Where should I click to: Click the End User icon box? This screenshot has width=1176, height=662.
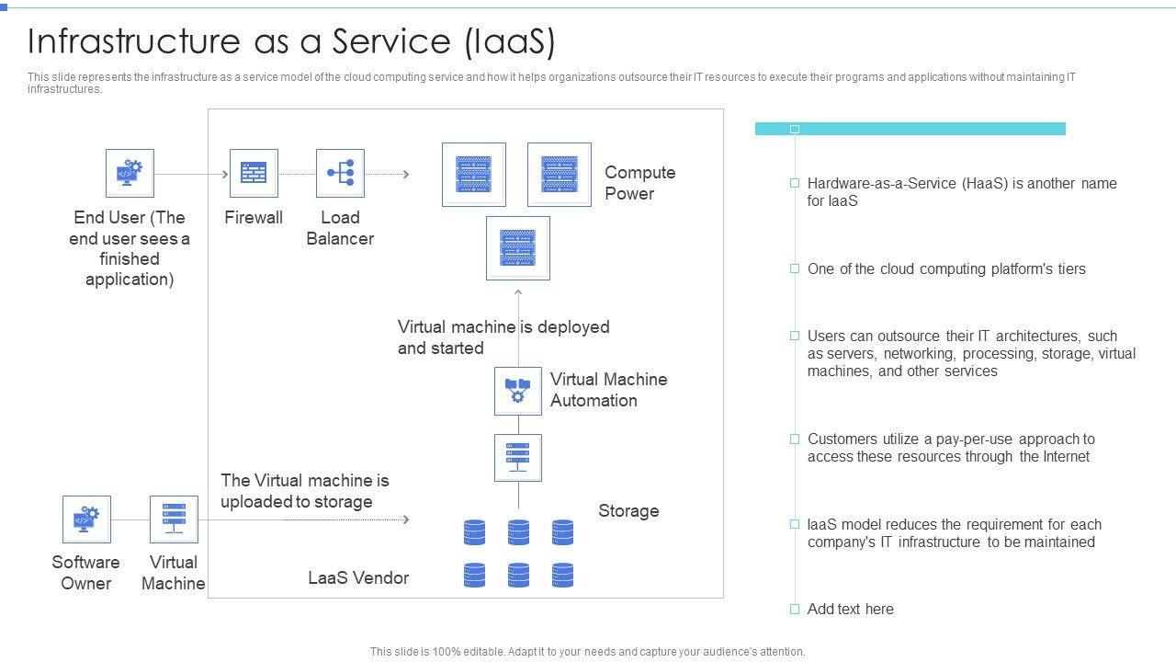[130, 173]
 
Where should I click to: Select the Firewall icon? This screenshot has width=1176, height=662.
[254, 173]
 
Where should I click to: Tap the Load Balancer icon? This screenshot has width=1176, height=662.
[340, 173]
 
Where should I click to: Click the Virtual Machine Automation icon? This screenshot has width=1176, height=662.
[518, 391]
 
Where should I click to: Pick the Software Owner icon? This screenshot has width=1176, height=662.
[86, 519]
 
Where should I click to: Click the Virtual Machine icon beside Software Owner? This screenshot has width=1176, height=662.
[174, 519]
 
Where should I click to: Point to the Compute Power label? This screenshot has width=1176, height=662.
[640, 183]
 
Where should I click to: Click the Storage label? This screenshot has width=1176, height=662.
[628, 510]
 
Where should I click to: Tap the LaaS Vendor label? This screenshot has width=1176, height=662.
[358, 578]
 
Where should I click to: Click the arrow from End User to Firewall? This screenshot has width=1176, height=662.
[191, 174]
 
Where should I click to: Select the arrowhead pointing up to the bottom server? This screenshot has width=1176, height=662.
[518, 292]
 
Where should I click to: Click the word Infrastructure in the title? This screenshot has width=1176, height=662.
[134, 41]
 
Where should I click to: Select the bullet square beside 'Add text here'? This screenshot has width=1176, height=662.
[795, 609]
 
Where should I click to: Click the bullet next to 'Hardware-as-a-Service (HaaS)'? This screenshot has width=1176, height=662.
[795, 183]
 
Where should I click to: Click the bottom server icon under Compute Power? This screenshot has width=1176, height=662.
[518, 248]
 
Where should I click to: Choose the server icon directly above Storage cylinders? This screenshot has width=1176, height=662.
[518, 458]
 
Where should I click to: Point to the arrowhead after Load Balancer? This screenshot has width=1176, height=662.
[406, 174]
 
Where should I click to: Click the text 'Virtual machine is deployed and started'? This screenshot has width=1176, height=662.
[503, 337]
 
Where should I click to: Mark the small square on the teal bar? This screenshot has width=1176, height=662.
[795, 130]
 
